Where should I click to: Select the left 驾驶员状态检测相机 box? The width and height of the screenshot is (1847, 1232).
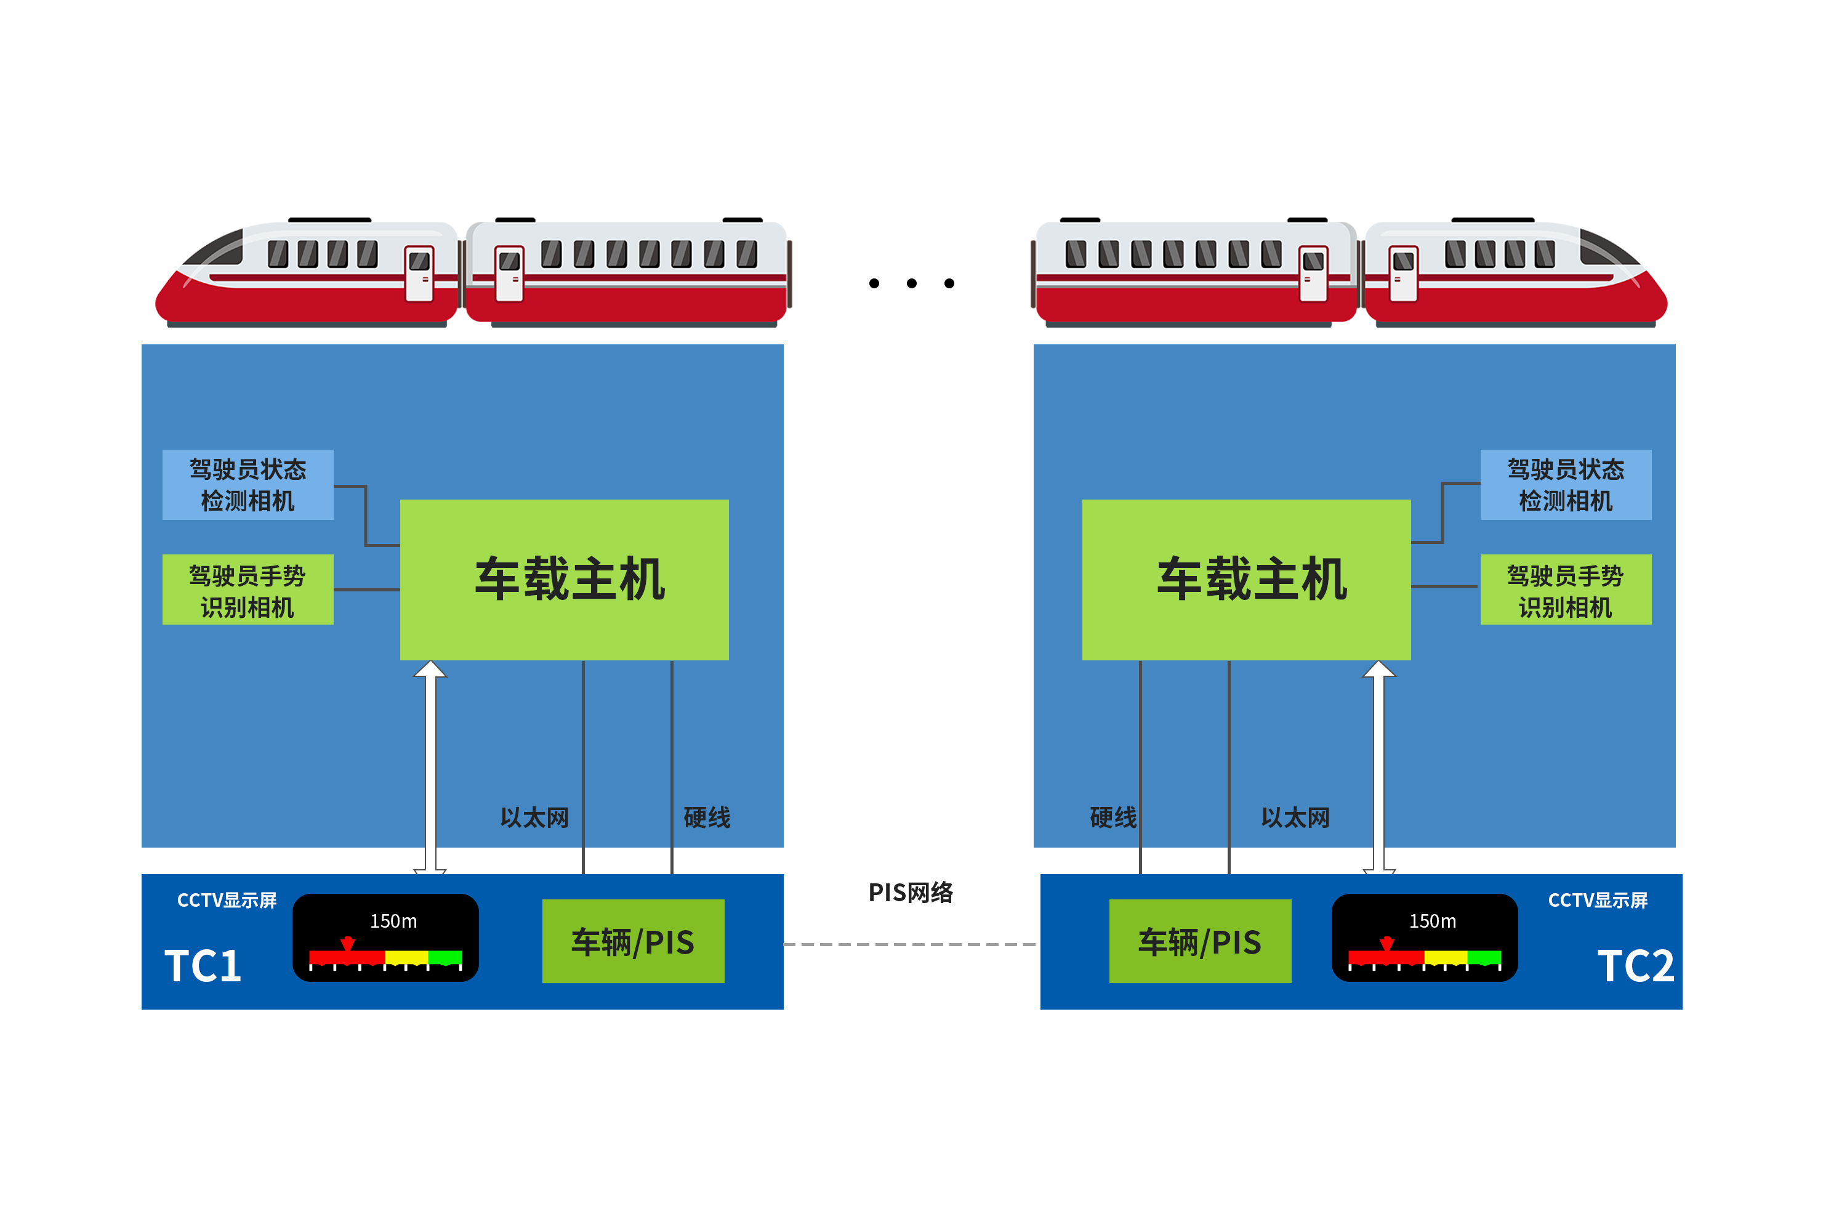tap(247, 484)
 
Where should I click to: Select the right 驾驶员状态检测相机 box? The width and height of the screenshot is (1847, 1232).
tap(1565, 484)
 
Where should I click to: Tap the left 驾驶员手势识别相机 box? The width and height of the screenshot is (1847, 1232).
tap(247, 590)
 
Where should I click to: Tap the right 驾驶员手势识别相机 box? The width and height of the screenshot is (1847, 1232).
tap(1565, 590)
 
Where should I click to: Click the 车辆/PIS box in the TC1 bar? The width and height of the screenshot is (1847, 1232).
tap(633, 941)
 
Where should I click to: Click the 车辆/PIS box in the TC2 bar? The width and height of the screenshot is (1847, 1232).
tap(1199, 941)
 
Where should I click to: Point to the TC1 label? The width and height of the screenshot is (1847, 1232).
tap(203, 966)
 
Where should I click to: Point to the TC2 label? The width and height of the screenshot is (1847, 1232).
tap(1635, 966)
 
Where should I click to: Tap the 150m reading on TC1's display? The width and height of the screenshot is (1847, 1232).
tap(393, 921)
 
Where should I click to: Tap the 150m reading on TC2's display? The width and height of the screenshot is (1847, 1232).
tap(1433, 921)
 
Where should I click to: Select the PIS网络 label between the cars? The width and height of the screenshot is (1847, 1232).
tap(911, 893)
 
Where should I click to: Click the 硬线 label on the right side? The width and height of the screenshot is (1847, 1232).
tap(1113, 818)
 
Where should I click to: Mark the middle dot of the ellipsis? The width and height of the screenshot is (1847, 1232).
tap(912, 283)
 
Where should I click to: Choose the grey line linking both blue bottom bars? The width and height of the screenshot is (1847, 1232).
tap(911, 944)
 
